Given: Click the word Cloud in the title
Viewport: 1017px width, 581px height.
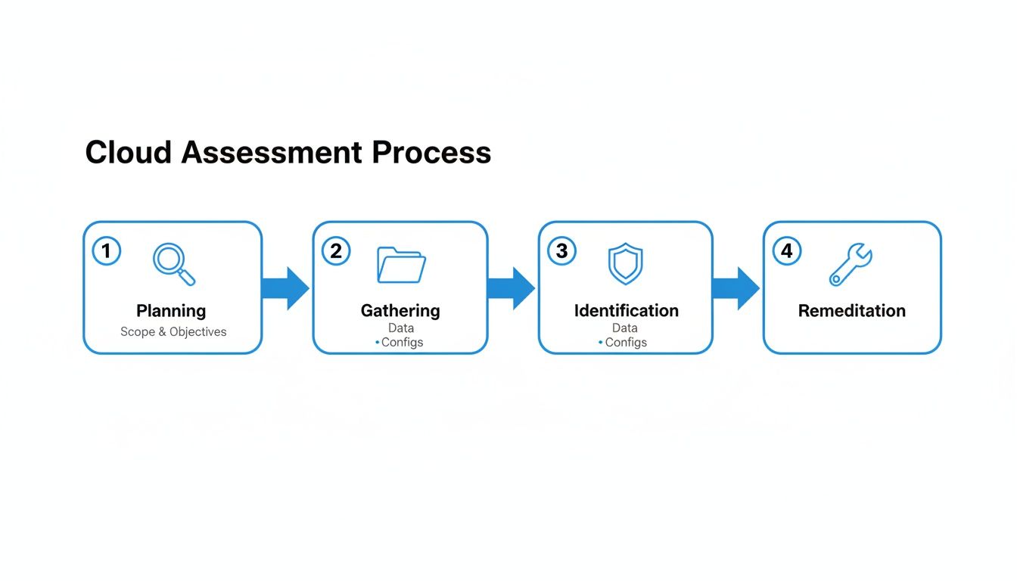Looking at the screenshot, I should pos(129,153).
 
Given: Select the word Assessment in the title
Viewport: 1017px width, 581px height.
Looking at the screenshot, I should pos(272,153).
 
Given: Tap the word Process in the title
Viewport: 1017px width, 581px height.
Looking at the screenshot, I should pos(431,153).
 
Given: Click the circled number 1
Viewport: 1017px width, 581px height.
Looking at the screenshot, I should pos(107,250).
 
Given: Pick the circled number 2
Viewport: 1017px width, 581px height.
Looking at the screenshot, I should pos(336,250).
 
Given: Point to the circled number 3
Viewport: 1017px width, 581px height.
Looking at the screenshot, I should pos(561,250).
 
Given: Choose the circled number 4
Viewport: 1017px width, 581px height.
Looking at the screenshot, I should pos(787,250).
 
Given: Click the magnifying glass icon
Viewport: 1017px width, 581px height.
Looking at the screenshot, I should pos(173,264).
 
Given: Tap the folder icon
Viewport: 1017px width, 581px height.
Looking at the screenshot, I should pos(401,264).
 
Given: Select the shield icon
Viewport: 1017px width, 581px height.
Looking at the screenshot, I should pos(625,264).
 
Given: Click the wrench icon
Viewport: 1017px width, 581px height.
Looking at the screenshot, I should pos(851,264).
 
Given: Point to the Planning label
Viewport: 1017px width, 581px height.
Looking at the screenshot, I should pos(171,311).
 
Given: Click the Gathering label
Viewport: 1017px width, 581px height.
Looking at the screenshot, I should pos(400,311).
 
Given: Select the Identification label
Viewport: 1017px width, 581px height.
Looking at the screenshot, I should pos(626,311).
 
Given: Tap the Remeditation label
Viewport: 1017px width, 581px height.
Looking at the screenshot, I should pos(851,311).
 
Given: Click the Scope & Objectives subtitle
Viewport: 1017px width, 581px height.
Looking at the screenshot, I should pos(173,332).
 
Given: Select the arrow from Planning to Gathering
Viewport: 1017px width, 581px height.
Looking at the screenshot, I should pos(285,288).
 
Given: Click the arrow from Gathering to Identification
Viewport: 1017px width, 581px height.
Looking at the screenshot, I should pos(511,288).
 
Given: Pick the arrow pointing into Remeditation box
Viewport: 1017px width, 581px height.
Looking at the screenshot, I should pos(736,288).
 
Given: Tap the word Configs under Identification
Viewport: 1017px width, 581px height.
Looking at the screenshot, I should pos(626,343).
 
